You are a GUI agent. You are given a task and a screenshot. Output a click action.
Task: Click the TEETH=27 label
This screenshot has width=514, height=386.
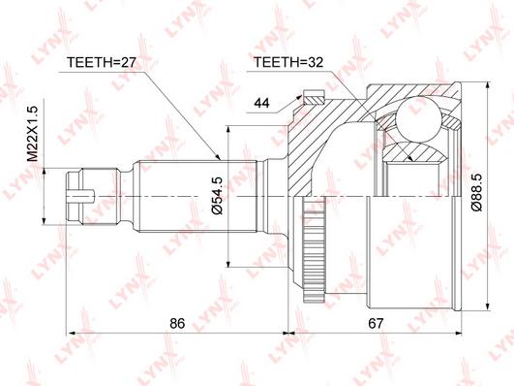(x=101, y=62)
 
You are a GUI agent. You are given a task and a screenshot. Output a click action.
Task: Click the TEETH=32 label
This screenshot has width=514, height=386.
(x=288, y=62)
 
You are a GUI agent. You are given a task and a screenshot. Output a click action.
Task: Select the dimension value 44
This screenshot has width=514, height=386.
(x=262, y=103)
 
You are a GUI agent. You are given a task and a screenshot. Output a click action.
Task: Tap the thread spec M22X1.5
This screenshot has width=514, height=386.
(x=33, y=134)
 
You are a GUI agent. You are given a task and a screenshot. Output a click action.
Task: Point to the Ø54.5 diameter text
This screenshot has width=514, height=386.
(x=217, y=196)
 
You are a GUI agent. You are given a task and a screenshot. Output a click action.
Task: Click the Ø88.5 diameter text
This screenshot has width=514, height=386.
(x=476, y=192)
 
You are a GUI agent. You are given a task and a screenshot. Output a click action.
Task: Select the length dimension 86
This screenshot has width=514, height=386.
(x=177, y=323)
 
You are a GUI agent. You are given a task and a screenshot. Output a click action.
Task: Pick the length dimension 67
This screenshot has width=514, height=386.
(x=376, y=323)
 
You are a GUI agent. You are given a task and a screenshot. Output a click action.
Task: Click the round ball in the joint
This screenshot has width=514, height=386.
(x=418, y=118)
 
